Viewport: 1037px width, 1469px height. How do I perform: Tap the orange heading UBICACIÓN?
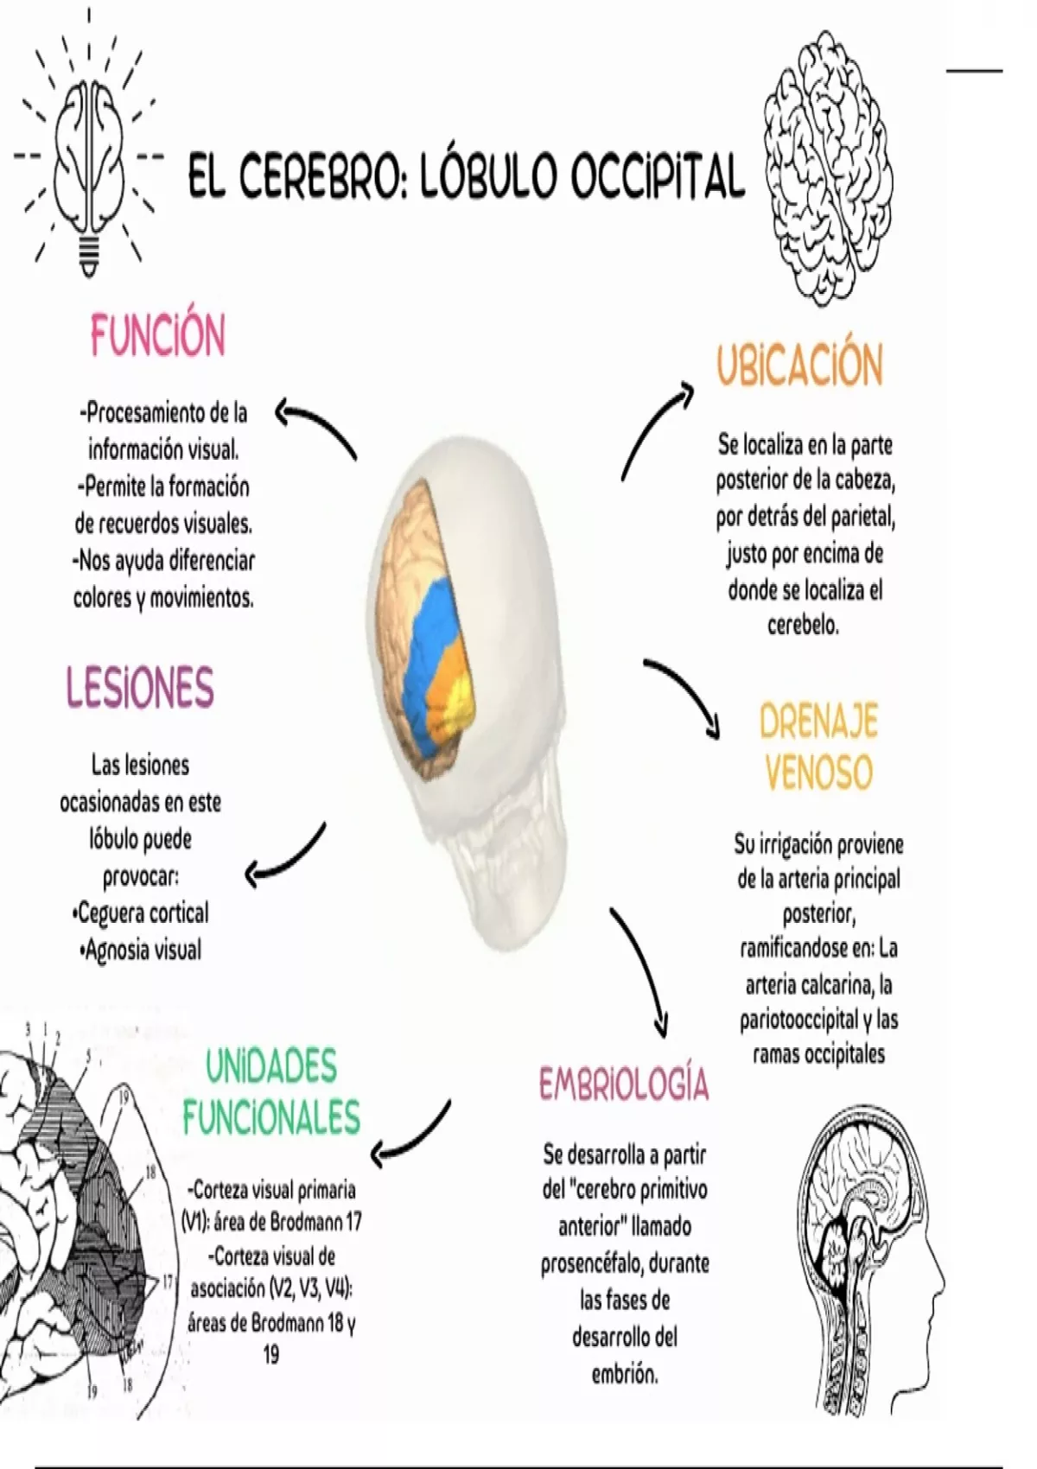[x=799, y=366]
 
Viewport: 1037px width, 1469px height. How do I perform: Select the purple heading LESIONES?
[x=140, y=687]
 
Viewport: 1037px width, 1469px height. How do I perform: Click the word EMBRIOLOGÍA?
[x=624, y=1084]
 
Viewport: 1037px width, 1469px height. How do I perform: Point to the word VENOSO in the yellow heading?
[x=818, y=772]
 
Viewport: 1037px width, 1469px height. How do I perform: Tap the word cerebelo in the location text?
[x=803, y=625]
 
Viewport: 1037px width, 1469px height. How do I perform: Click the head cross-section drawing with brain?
[x=869, y=1262]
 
